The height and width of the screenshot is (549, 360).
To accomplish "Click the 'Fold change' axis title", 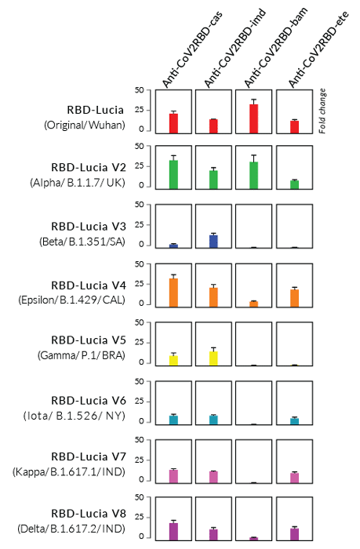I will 322,111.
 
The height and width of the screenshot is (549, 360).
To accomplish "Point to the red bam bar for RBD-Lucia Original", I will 253,118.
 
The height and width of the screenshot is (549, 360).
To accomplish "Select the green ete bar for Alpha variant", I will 294,184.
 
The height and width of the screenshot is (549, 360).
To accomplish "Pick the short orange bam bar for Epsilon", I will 253,303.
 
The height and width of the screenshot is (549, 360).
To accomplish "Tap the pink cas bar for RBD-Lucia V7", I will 173,475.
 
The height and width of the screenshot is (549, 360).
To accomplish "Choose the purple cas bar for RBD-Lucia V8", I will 173,530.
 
